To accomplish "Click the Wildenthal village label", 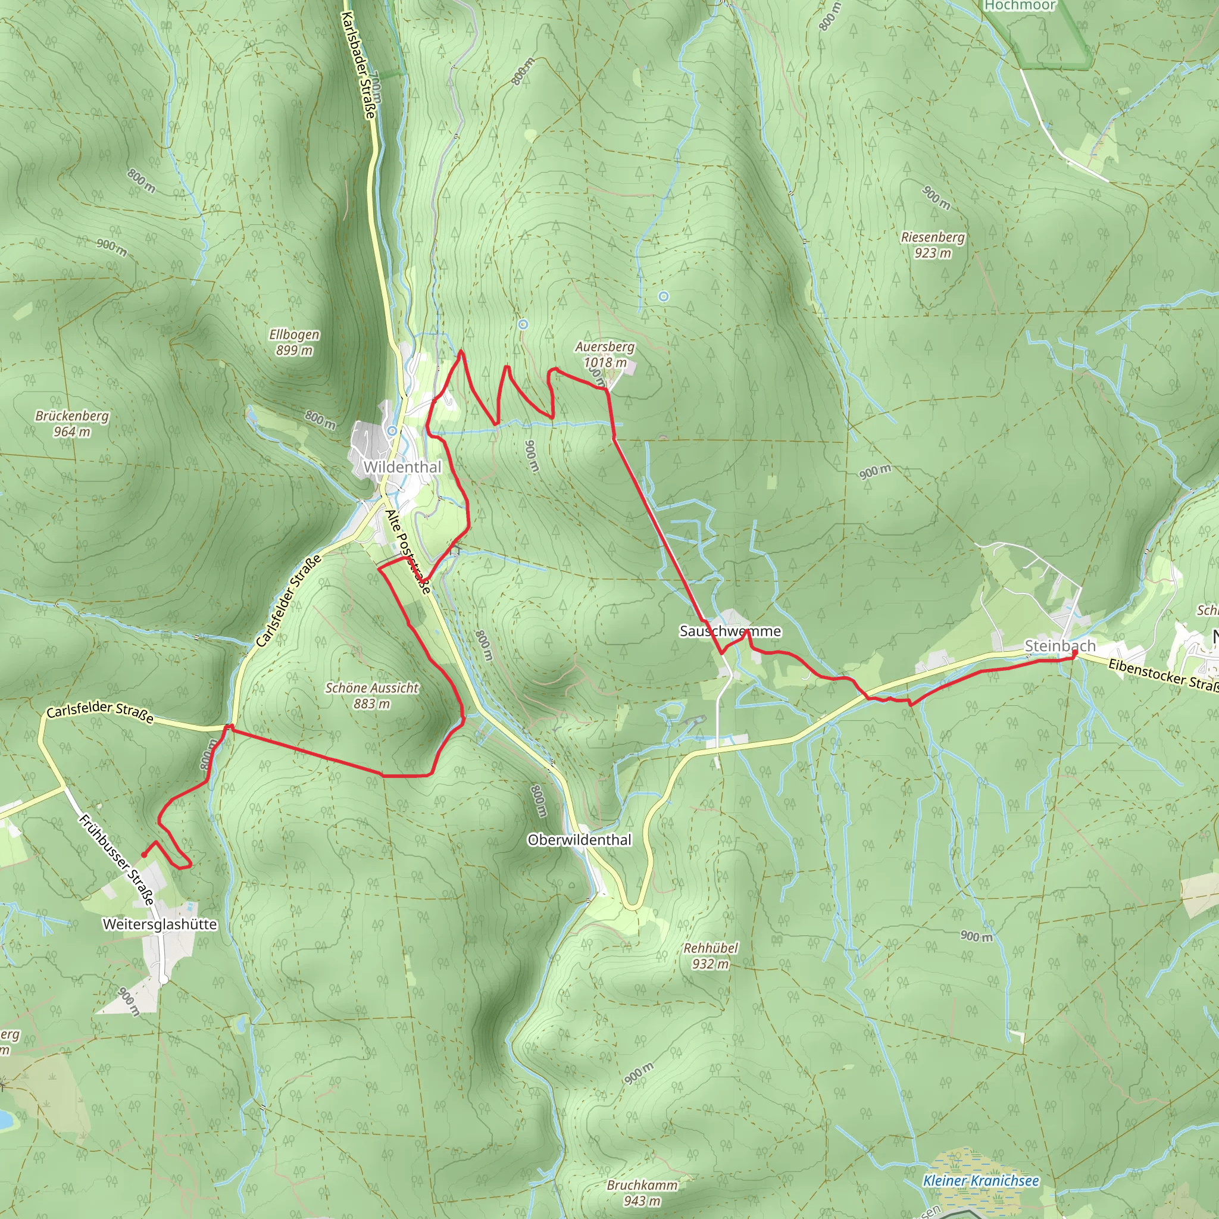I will tap(402, 467).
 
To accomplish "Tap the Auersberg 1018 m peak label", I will tap(605, 355).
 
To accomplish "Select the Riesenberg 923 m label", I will tap(933, 245).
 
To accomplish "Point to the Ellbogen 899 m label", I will tap(294, 342).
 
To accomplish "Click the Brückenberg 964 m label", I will tap(72, 423).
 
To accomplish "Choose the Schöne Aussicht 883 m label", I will tap(371, 695).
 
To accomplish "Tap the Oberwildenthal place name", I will tap(579, 840).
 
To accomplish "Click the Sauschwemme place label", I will tap(730, 631).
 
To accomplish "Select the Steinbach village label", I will tap(1060, 645).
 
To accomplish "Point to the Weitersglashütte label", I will tap(160, 924).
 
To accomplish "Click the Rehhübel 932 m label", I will tap(710, 956).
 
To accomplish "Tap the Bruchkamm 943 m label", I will tap(642, 1193).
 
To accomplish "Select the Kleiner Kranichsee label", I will tap(980, 1180).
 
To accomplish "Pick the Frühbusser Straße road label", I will tap(117, 859).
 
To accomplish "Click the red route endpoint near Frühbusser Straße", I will tap(144, 855).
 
